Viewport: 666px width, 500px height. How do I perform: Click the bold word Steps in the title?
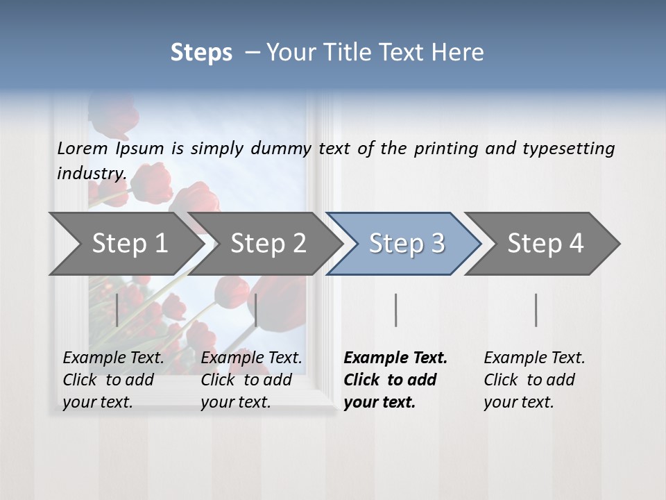click(x=201, y=53)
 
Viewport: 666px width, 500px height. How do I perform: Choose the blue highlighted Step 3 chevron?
click(x=407, y=244)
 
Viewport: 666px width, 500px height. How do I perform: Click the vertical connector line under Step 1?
click(x=117, y=310)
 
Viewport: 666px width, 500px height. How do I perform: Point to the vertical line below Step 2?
click(x=257, y=310)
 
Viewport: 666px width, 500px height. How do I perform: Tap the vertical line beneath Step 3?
click(x=396, y=310)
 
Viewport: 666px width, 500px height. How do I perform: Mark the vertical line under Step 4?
click(x=536, y=310)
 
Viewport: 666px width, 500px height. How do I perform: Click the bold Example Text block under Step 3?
click(x=395, y=380)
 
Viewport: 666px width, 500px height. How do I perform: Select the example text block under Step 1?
click(x=113, y=380)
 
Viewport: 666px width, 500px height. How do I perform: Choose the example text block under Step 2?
click(x=251, y=380)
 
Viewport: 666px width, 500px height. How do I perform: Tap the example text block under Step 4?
click(x=534, y=380)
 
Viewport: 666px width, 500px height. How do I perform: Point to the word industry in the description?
click(x=92, y=174)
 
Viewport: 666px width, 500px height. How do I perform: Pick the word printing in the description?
click(x=446, y=149)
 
